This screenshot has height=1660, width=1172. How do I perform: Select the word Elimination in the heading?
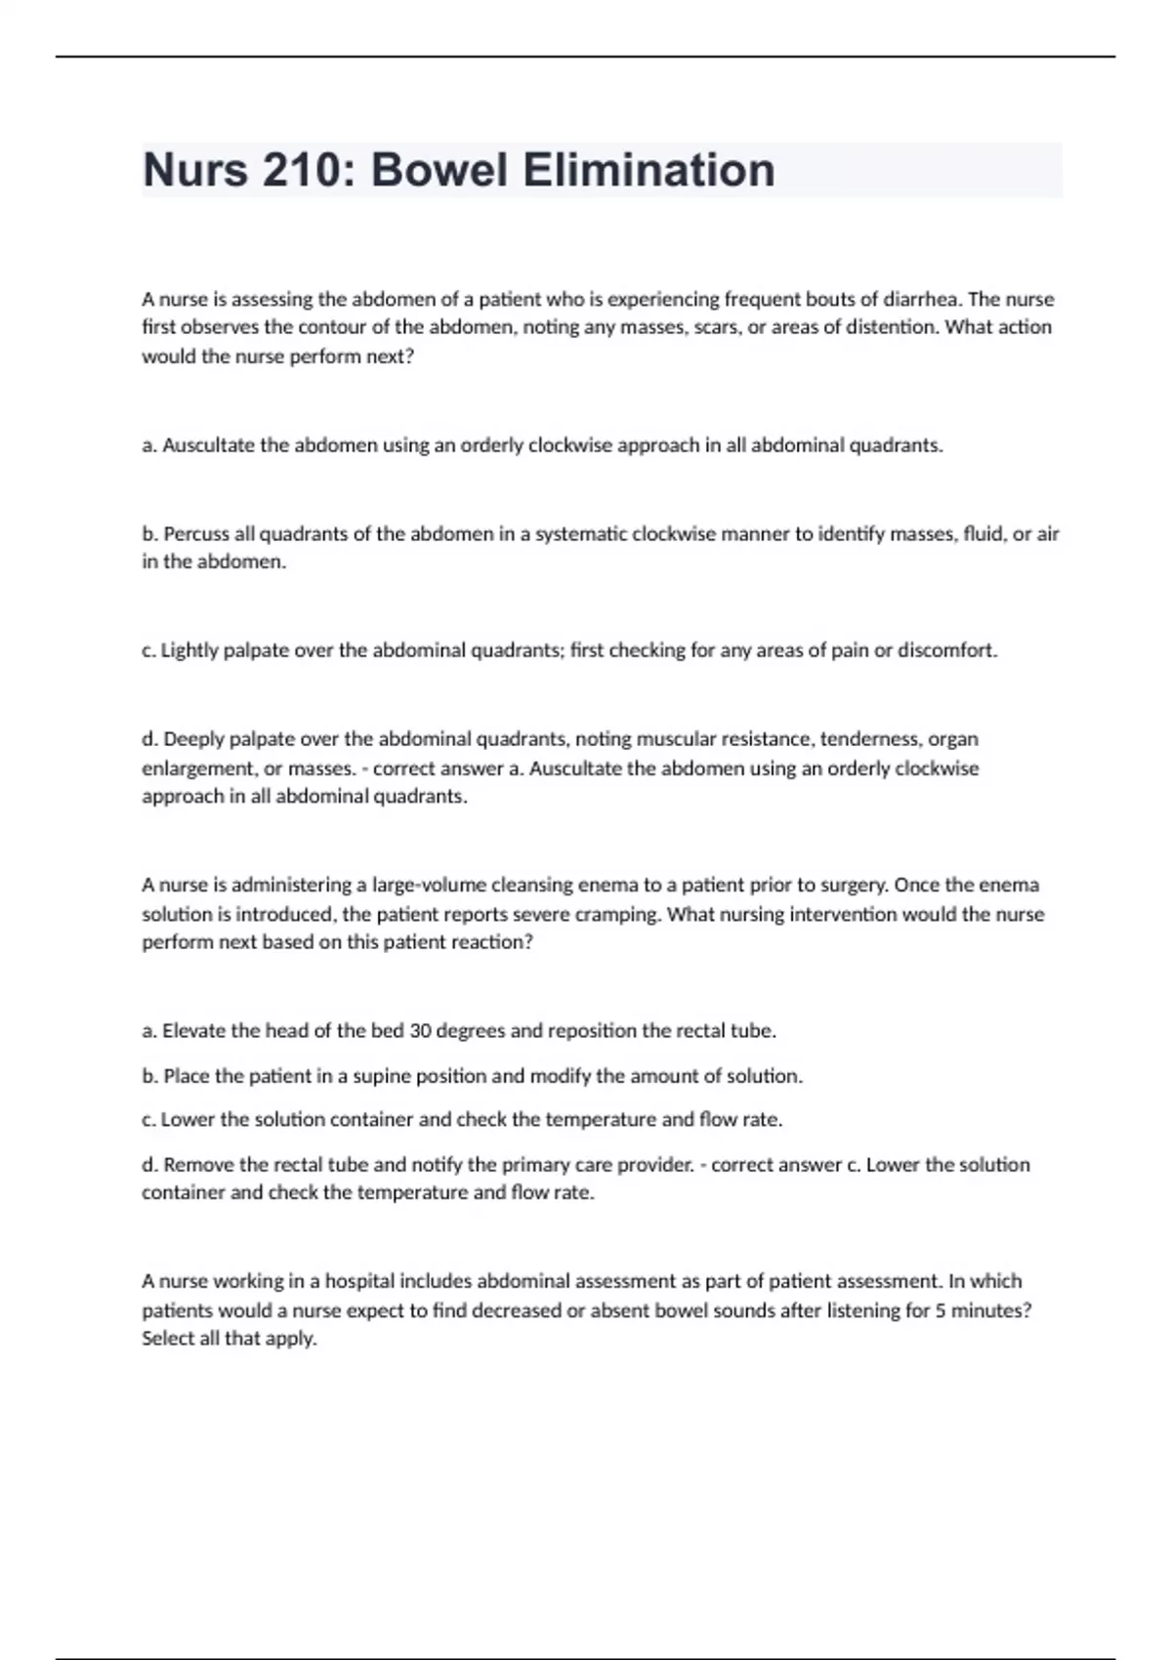(649, 171)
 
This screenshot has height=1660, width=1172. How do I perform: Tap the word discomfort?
(947, 650)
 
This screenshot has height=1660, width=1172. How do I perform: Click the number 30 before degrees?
(421, 1031)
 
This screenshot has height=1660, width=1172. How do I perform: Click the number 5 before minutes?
(940, 1310)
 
